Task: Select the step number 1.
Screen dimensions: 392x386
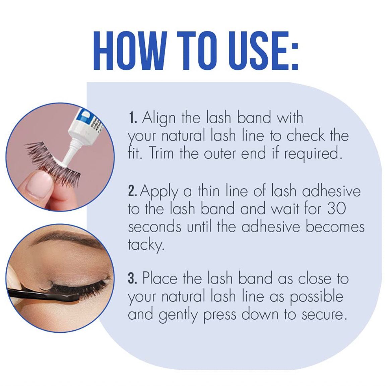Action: pos(133,118)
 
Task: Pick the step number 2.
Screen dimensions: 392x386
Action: pos(133,191)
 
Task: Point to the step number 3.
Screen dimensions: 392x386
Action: pos(132,278)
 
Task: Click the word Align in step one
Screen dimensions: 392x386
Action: pos(159,118)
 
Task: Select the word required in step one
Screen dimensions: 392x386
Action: pos(313,154)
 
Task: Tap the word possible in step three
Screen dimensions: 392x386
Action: pos(317,297)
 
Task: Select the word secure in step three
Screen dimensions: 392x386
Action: pos(325,315)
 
